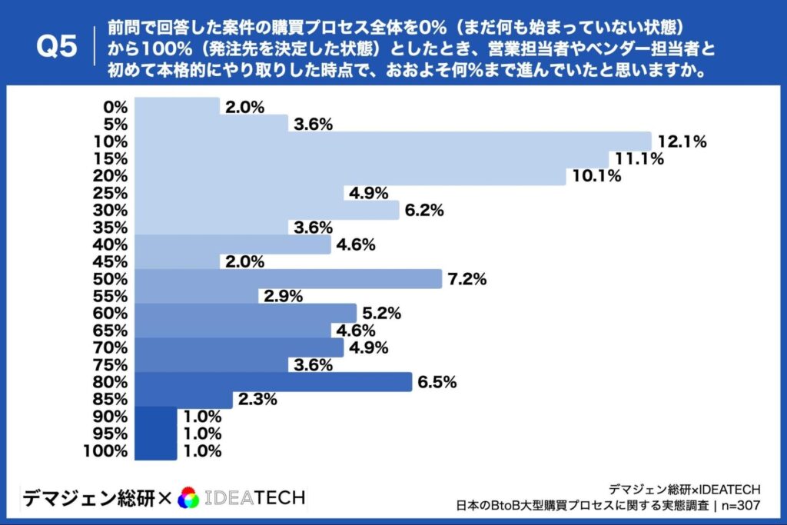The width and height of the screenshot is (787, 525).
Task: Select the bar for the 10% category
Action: pos(392,141)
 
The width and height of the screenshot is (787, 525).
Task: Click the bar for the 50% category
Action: pos(287,279)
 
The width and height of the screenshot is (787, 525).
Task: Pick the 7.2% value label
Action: pos(467,279)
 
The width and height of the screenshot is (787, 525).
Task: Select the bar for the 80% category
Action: pos(273,382)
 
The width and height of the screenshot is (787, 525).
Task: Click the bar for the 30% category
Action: pos(266,210)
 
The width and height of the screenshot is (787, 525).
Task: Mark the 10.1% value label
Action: pos(595,176)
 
